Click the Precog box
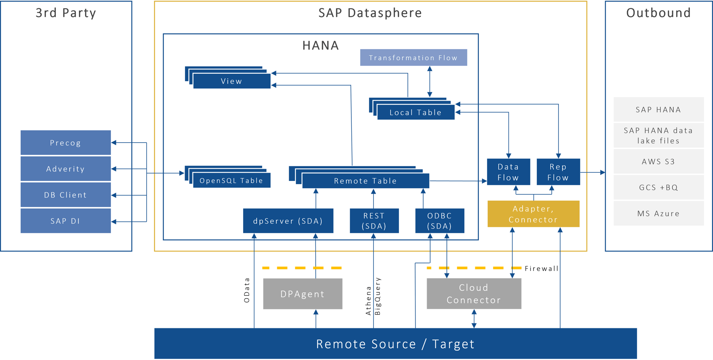tap(66, 143)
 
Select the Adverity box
tap(66, 169)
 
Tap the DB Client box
tap(66, 195)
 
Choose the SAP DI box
tap(66, 221)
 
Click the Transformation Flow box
tap(413, 58)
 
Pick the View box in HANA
tap(231, 81)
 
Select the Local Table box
tap(415, 112)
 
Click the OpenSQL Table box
tap(231, 181)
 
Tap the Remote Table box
tap(365, 181)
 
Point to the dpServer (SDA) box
tap(288, 221)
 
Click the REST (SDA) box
tap(374, 221)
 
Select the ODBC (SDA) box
tap(439, 221)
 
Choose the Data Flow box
tap(508, 172)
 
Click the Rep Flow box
tap(558, 172)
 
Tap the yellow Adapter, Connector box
tap(533, 214)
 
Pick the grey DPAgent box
tap(303, 294)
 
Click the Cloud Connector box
tap(474, 294)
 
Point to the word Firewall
tap(541, 269)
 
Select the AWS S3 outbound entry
tap(658, 162)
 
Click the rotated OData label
tap(247, 290)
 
